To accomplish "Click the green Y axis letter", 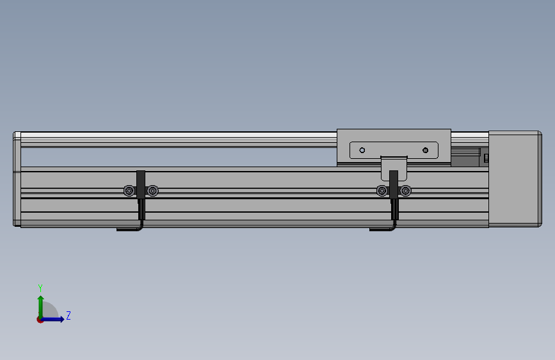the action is click(x=40, y=288).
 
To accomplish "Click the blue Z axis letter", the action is click(x=68, y=315).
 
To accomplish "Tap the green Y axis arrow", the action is click(x=41, y=307).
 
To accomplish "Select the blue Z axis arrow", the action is click(x=52, y=319).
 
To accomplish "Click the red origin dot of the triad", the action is click(x=40, y=320).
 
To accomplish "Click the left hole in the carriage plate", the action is click(x=362, y=151).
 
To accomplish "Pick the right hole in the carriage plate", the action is click(x=426, y=151).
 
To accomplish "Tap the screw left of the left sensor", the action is click(x=129, y=191).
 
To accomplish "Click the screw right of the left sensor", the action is click(x=152, y=191).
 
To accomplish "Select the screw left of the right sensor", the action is click(x=382, y=191).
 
